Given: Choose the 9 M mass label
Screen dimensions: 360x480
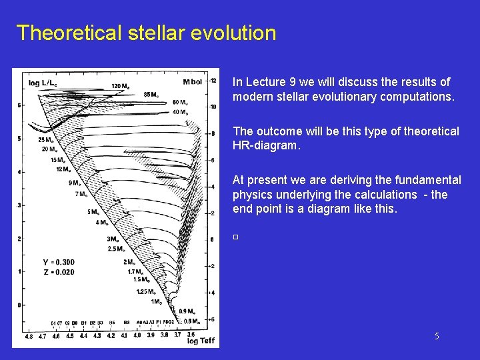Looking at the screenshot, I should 76,183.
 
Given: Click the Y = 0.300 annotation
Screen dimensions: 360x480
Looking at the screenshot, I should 59,262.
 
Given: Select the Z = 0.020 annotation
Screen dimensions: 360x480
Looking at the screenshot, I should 59,272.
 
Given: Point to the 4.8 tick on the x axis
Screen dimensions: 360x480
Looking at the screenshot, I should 29,336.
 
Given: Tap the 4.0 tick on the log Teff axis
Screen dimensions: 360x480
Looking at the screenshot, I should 137,336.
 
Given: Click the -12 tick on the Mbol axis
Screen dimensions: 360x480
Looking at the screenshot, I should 212,81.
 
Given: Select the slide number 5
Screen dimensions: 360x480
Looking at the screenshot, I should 437,337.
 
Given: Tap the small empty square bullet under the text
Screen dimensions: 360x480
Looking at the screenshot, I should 235,237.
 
